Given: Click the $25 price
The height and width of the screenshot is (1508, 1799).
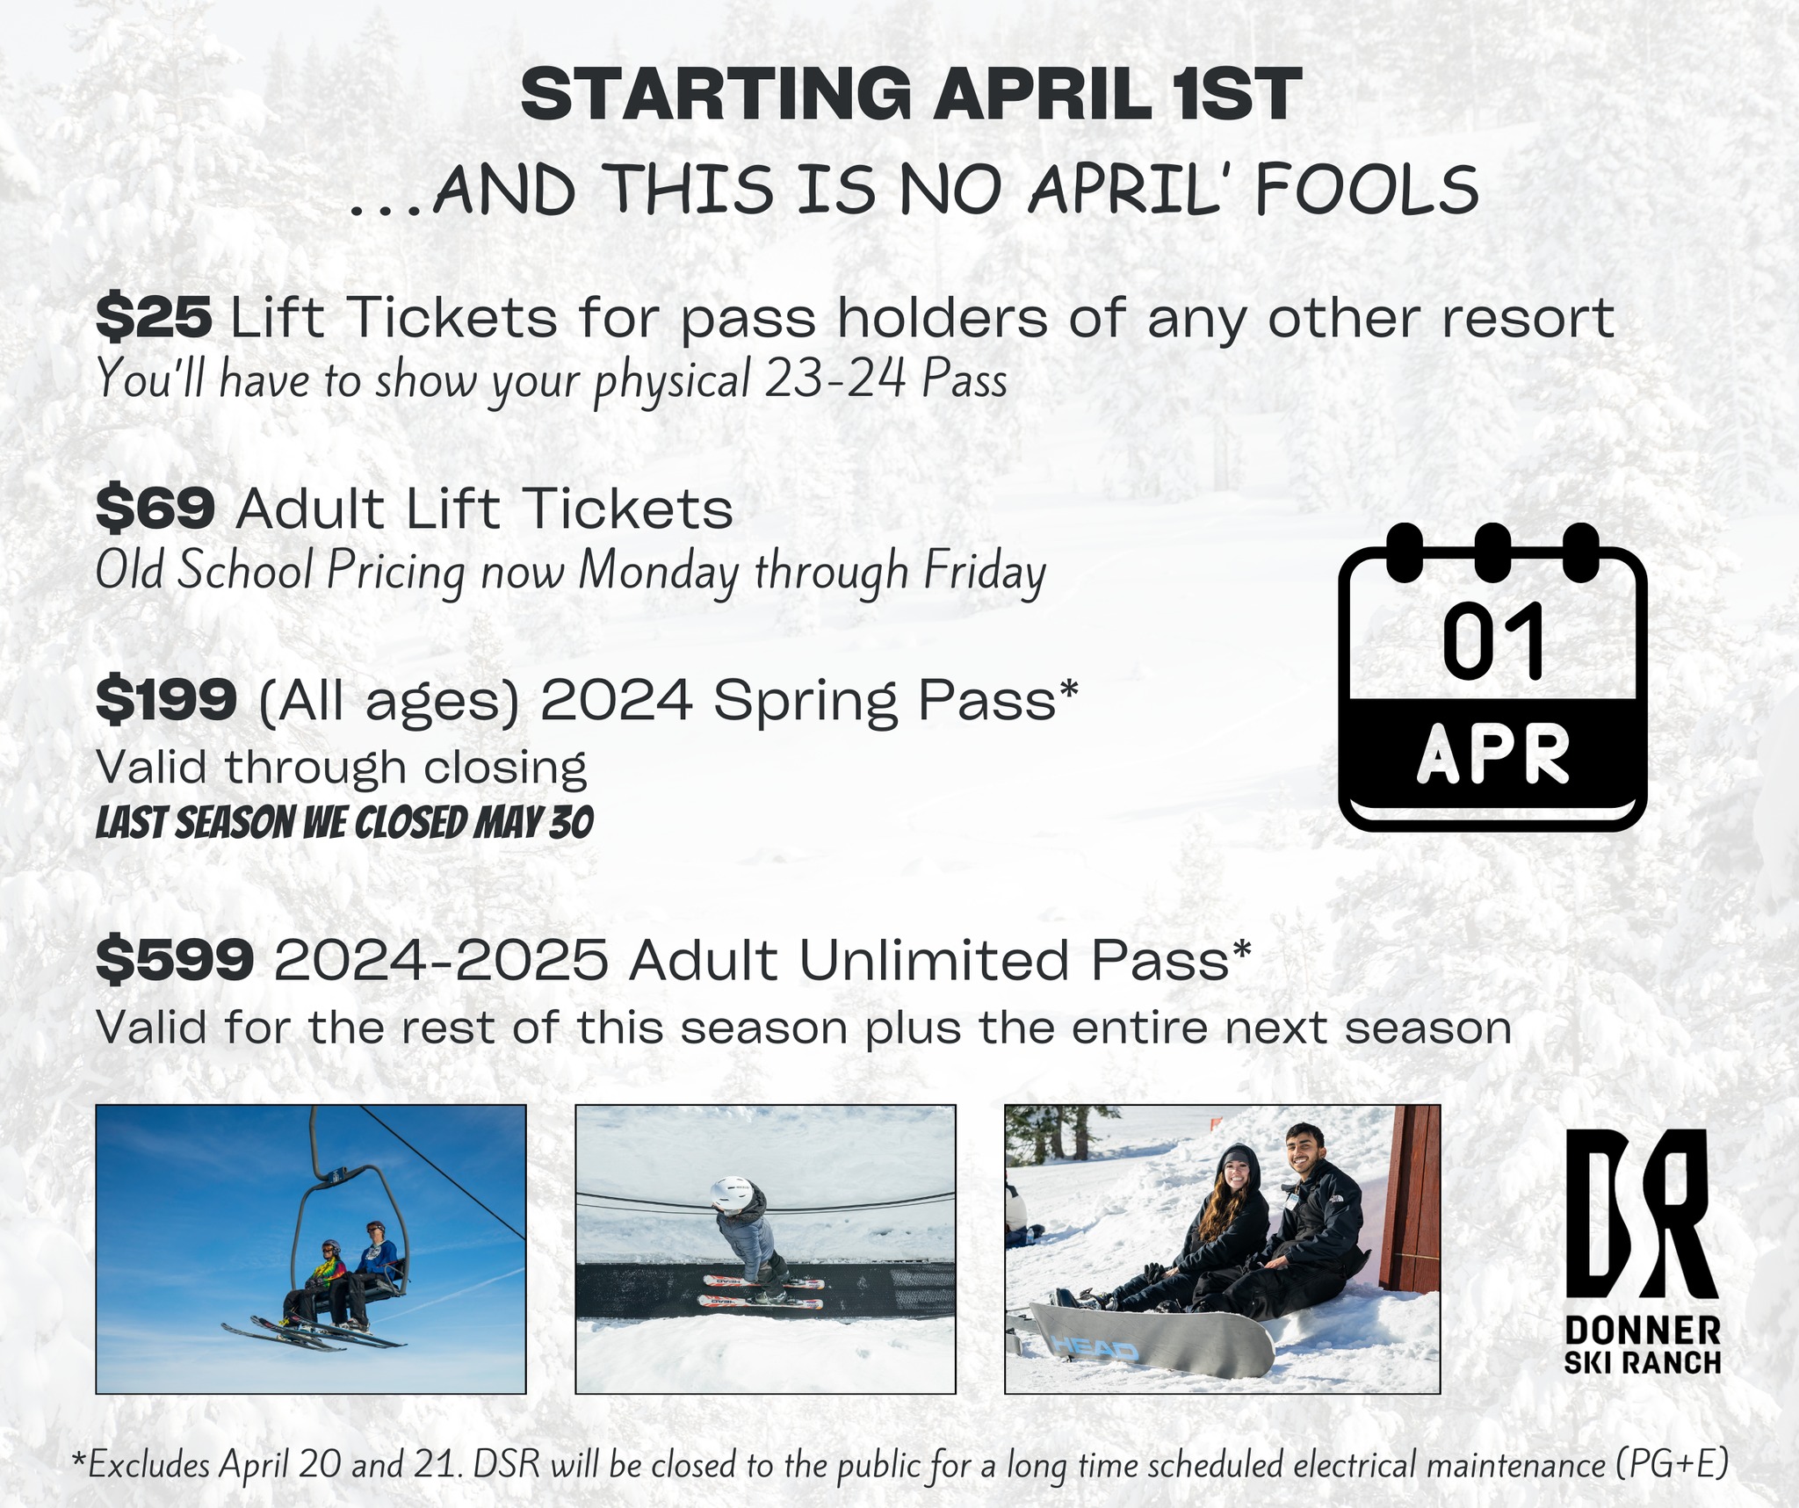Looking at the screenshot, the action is (x=154, y=317).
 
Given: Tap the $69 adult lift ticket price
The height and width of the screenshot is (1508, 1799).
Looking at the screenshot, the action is (x=155, y=509).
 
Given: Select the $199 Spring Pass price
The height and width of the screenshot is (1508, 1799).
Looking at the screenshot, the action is (x=166, y=700).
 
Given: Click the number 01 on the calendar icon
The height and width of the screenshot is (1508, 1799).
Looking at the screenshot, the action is (x=1493, y=642).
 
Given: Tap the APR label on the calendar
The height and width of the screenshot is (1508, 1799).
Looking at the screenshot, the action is (x=1492, y=754).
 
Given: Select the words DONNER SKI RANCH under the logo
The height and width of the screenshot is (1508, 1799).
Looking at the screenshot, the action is (x=1643, y=1346).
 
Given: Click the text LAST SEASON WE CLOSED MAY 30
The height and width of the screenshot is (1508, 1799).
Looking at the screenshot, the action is (x=344, y=823).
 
